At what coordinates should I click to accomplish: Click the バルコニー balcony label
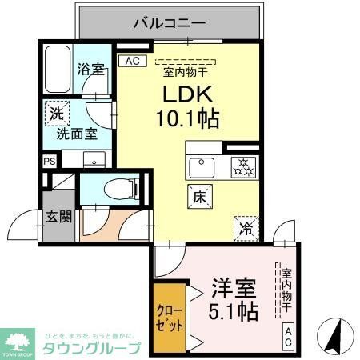[170, 22]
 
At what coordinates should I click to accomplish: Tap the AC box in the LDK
[131, 60]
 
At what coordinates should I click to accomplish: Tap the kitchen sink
[200, 169]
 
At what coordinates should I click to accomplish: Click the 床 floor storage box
[199, 194]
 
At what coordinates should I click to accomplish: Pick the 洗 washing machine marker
[56, 114]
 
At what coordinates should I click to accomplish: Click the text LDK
[188, 94]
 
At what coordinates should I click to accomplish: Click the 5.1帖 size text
[234, 311]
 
